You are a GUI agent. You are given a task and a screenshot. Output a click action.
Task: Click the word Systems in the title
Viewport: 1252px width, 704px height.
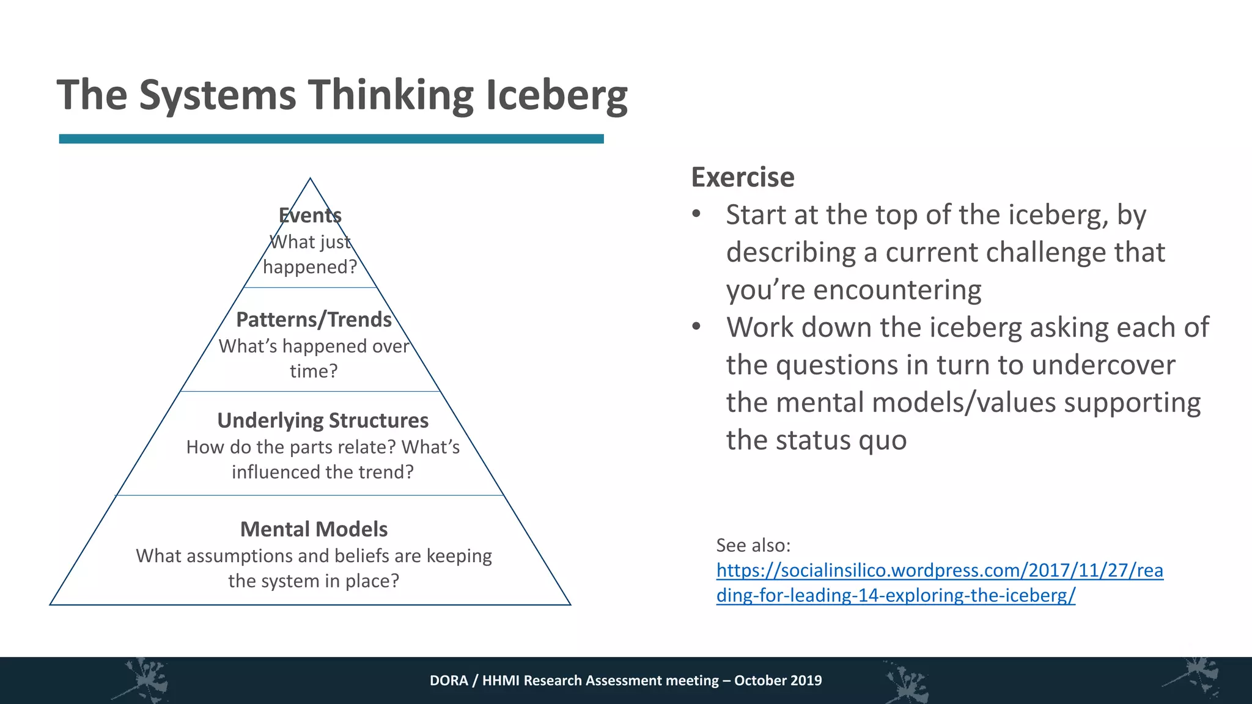[217, 95]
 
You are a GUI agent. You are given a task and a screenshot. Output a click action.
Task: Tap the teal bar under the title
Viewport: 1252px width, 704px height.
[331, 139]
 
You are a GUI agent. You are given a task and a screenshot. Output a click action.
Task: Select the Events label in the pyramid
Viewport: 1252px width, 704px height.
[310, 215]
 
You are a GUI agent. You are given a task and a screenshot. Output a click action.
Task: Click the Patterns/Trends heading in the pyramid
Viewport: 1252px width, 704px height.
[314, 319]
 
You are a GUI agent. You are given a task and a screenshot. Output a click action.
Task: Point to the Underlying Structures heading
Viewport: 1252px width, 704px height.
[323, 420]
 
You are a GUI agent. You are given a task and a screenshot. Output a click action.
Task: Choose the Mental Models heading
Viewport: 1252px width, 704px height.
[314, 529]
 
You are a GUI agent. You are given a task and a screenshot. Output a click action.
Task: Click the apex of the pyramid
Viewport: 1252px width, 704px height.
[310, 179]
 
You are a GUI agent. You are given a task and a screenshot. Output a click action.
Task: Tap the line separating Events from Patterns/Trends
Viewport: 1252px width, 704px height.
[310, 287]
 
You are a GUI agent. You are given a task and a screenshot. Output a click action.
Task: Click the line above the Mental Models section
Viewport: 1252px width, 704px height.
[310, 495]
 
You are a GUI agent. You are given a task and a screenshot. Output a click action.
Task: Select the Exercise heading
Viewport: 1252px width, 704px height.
[743, 177]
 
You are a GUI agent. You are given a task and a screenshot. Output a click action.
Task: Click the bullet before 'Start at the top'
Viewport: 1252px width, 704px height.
[696, 215]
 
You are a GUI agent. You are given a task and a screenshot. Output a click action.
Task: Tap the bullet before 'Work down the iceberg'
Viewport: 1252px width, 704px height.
[696, 327]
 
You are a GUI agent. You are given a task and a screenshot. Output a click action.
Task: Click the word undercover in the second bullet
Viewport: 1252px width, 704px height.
[1103, 365]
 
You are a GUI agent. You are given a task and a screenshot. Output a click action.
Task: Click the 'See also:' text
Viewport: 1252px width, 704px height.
[753, 544]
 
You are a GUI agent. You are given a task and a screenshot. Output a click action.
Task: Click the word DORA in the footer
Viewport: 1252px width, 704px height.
[449, 680]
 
